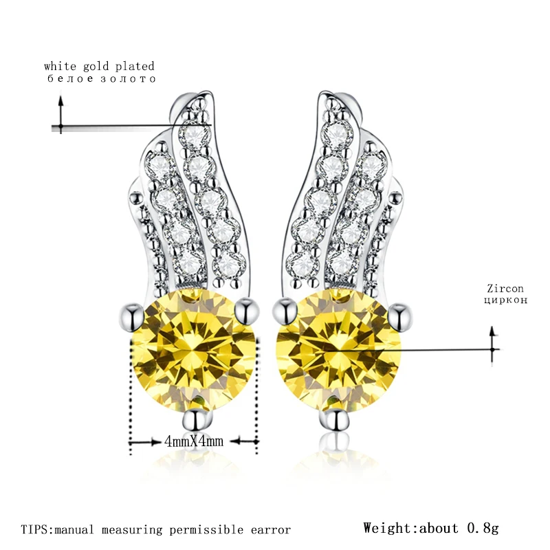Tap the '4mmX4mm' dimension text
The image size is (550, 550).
coord(195,441)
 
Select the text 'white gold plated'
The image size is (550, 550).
coord(99,67)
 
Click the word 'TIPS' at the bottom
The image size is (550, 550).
coord(34,529)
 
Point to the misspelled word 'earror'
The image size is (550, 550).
coord(271,529)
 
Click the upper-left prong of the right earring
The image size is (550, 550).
coord(281,311)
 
